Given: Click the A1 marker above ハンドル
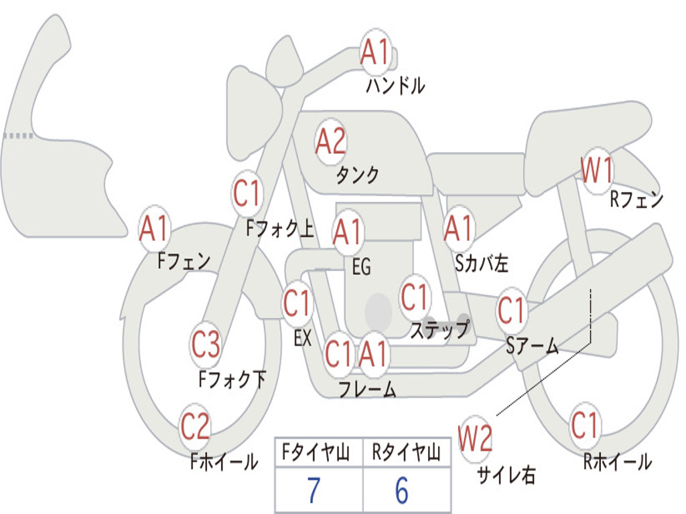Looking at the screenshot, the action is tap(375, 52).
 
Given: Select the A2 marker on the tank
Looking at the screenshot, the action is tap(331, 141).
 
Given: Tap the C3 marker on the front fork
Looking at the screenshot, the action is tap(206, 345).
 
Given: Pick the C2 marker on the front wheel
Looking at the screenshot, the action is tap(195, 426).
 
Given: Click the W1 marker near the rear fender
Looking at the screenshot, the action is tap(597, 171).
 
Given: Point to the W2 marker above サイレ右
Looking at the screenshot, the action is tap(475, 438).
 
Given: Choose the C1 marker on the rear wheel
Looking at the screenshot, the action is tap(584, 425).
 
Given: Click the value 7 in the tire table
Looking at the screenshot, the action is tap(314, 490).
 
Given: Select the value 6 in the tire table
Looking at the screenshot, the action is tap(402, 490).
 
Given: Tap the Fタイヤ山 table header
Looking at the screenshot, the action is tap(316, 452).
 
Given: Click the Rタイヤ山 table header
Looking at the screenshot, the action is tap(406, 452).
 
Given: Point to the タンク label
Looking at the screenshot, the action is tap(358, 175).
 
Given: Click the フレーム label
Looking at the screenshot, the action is tap(368, 389).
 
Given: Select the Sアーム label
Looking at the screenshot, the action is tap(533, 346).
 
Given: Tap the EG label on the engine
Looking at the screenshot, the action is tap(361, 266).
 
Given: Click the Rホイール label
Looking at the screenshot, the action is tap(618, 462).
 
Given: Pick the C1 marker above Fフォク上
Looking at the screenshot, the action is tap(247, 193).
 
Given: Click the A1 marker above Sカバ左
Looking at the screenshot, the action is tap(458, 229).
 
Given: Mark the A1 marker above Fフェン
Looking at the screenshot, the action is tap(154, 228).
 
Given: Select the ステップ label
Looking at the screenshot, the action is tap(439, 329).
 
